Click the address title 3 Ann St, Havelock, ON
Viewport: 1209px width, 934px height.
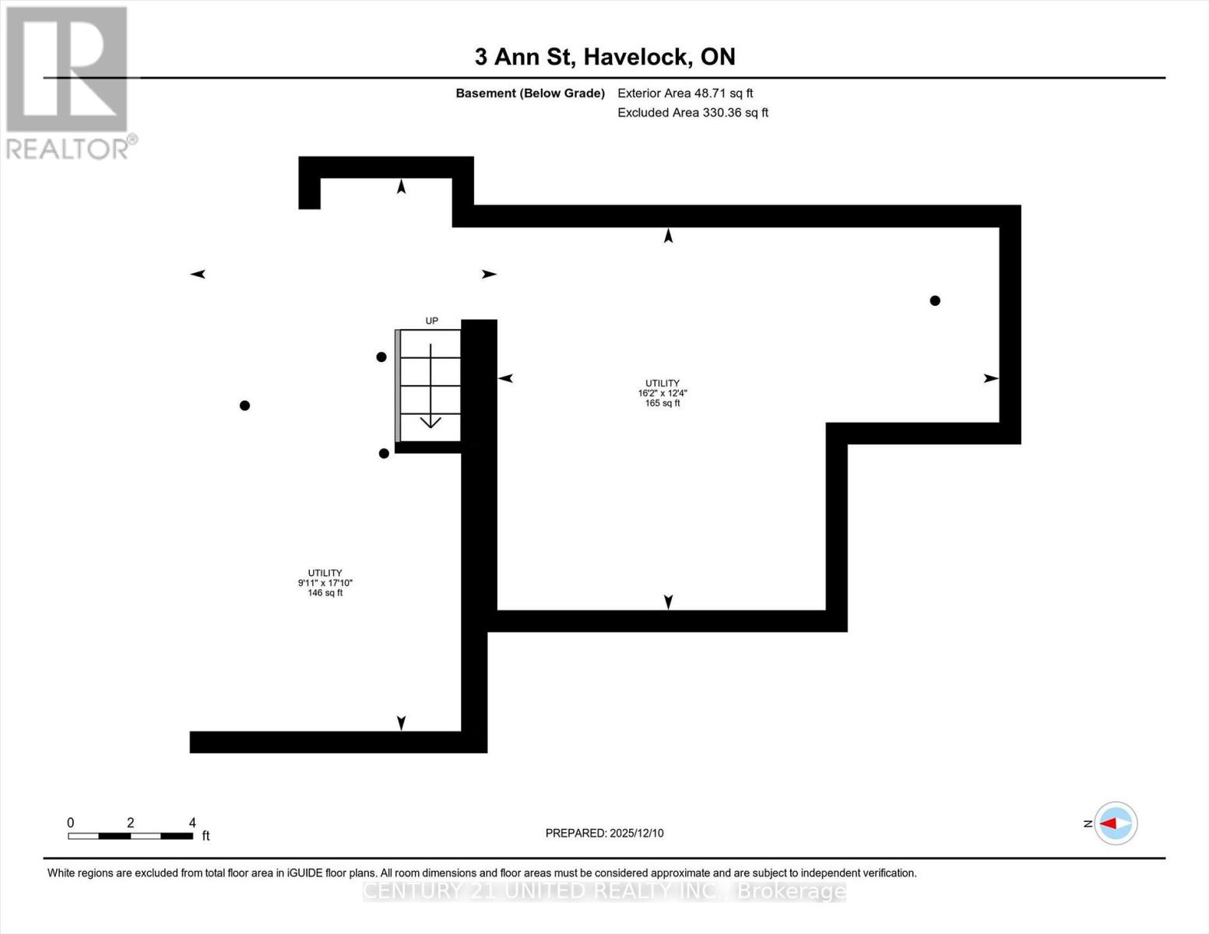tap(604, 57)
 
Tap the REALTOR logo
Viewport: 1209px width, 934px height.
tap(68, 82)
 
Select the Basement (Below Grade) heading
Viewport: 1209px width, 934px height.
tap(529, 93)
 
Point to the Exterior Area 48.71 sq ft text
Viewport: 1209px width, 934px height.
tap(685, 93)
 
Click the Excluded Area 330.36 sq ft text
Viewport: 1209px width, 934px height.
tap(693, 113)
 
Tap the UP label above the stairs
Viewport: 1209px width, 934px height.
tap(431, 321)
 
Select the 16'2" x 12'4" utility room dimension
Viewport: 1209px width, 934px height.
tap(662, 393)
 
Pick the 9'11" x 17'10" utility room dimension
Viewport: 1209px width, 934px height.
tap(325, 583)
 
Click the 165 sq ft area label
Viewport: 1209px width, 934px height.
tap(662, 403)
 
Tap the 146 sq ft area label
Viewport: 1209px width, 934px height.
tap(325, 593)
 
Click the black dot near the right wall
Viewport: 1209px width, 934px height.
tap(935, 300)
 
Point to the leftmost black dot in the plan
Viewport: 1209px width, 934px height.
tap(244, 406)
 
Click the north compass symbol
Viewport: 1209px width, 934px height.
tap(1116, 823)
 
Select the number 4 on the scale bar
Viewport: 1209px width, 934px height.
tap(192, 823)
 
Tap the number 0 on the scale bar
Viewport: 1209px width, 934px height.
tap(71, 823)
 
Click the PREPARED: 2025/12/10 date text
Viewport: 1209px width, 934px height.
tap(604, 833)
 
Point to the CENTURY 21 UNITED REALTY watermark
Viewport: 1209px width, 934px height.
tap(604, 890)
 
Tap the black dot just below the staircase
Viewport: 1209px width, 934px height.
tap(384, 454)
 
